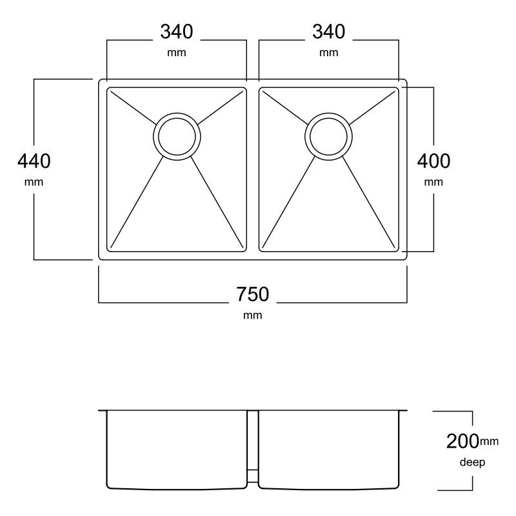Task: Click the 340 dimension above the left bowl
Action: pos(176,32)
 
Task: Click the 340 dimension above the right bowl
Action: pos(328,32)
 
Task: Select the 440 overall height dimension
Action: pos(34,161)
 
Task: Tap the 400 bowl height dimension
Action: pos(433,161)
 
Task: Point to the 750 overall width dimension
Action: pos(252,294)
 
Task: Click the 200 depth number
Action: pos(462,441)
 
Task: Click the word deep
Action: pos(472,462)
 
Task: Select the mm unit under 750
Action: pos(252,315)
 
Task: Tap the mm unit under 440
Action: pos(34,183)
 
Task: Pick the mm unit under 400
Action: pos(433,183)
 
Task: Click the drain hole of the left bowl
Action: pos(177,137)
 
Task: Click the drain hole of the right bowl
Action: pos(328,137)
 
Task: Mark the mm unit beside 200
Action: pos(489,441)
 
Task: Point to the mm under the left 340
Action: pos(176,53)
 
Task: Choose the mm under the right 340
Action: pos(328,53)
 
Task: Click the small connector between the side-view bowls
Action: pos(253,476)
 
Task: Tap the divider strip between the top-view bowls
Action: pos(253,170)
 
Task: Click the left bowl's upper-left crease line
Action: pos(134,108)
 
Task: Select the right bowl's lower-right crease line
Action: pos(368,202)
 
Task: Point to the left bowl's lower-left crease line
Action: pos(137,202)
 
